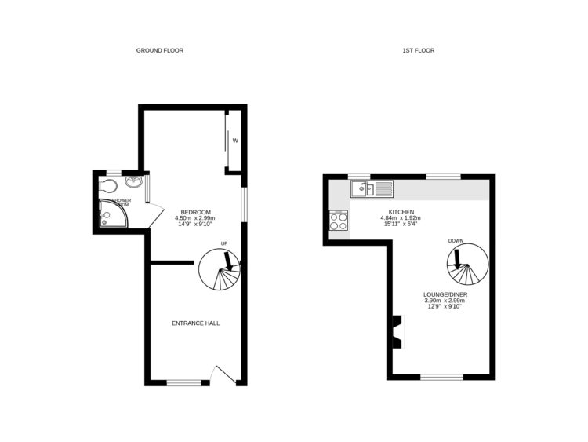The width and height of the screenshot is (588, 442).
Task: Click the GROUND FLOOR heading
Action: pyautogui.click(x=159, y=50)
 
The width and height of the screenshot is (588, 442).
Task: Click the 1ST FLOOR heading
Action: pyautogui.click(x=418, y=50)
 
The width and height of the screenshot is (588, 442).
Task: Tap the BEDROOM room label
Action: pyautogui.click(x=196, y=212)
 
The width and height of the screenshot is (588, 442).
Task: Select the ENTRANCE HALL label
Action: pyautogui.click(x=196, y=323)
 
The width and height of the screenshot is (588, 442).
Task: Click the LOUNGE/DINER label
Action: pyautogui.click(x=445, y=294)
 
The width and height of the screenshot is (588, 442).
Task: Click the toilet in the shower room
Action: pyautogui.click(x=109, y=186)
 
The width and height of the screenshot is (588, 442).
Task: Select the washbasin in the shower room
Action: pyautogui.click(x=135, y=184)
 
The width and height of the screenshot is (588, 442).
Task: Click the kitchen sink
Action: pyautogui.click(x=373, y=188)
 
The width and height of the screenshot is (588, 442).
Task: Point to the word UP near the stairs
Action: pyautogui.click(x=224, y=243)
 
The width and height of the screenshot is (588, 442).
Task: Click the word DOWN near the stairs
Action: pyautogui.click(x=456, y=240)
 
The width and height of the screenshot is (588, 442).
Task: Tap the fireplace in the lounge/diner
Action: pyautogui.click(x=397, y=331)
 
